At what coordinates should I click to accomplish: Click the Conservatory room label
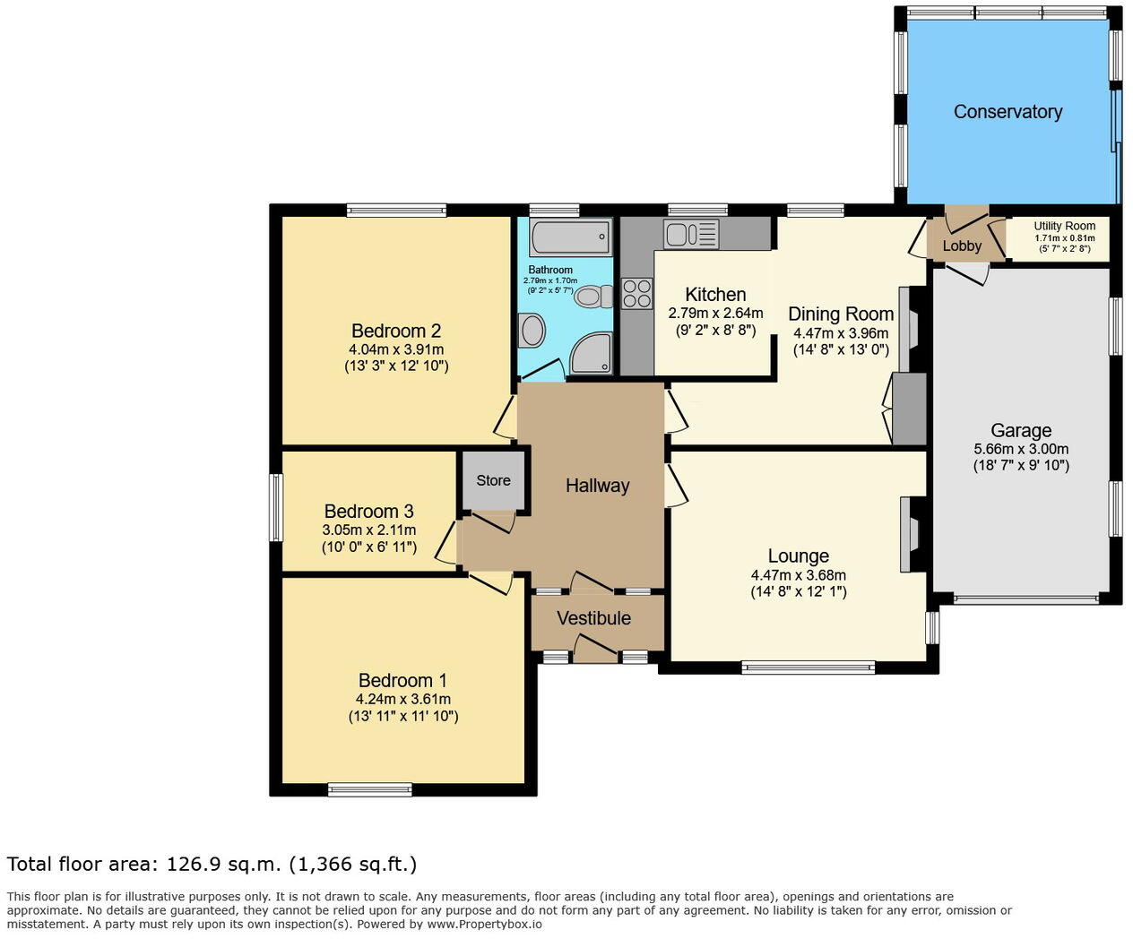(x=1008, y=112)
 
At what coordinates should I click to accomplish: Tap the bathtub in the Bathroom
(x=571, y=238)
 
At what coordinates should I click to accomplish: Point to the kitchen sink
(x=690, y=235)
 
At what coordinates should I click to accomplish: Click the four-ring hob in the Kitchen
(x=637, y=293)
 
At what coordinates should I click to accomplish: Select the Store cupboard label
(x=493, y=480)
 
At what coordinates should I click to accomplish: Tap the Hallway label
(x=597, y=486)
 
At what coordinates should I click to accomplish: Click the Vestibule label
(x=593, y=618)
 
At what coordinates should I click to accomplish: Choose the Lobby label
(x=962, y=246)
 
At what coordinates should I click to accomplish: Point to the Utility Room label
(x=1064, y=227)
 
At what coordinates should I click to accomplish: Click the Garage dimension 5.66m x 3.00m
(x=1021, y=449)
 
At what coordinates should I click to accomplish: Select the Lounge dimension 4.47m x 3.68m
(x=798, y=575)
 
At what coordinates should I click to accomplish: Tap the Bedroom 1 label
(x=402, y=681)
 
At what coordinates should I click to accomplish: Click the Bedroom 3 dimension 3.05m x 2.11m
(x=368, y=530)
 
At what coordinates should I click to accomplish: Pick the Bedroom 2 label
(x=395, y=332)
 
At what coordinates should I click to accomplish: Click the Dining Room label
(x=840, y=314)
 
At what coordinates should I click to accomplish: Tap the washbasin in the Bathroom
(x=532, y=331)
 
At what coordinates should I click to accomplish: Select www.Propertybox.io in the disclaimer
(x=484, y=924)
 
